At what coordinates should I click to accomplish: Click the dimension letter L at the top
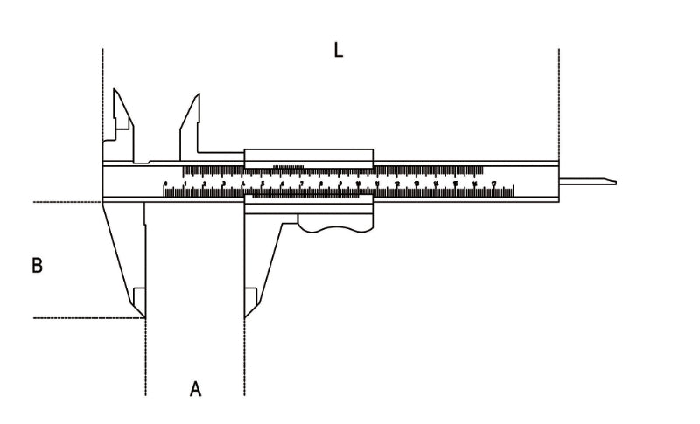click(338, 50)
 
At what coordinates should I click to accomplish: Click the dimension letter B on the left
click(37, 265)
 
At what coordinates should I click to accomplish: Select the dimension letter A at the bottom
click(196, 388)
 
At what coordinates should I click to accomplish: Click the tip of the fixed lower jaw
click(143, 315)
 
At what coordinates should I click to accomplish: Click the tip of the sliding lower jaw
click(246, 315)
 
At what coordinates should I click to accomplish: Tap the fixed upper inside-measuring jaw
click(120, 109)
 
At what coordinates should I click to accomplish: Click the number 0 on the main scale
click(165, 184)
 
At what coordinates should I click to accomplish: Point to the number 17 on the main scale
click(493, 184)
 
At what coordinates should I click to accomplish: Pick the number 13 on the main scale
click(416, 184)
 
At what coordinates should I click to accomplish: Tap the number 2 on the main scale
click(204, 184)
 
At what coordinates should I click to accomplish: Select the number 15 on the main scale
click(455, 184)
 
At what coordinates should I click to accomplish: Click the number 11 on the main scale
click(378, 184)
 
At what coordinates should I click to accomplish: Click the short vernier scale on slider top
click(289, 167)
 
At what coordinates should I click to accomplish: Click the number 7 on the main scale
click(301, 184)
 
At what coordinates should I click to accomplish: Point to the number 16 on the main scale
click(474, 184)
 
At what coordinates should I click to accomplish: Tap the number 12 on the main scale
click(397, 184)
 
